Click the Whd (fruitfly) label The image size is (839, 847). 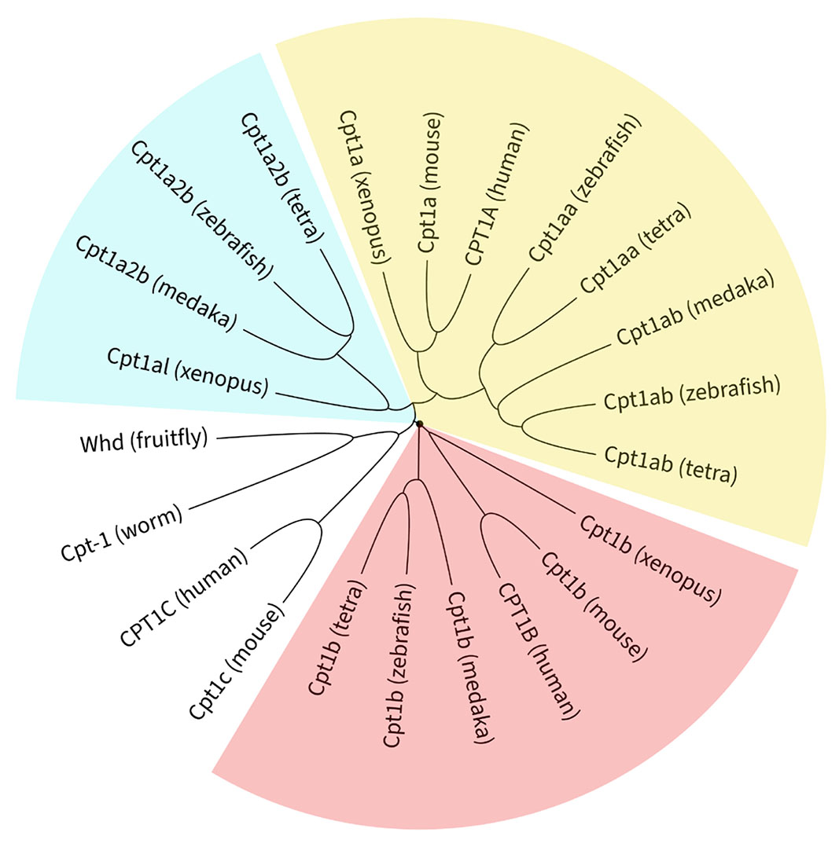[144, 440]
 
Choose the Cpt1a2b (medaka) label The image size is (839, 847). [156, 282]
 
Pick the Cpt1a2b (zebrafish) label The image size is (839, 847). [202, 210]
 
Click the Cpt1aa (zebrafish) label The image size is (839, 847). [586, 188]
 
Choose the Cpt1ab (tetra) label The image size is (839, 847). [671, 464]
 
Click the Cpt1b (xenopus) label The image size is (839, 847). [649, 559]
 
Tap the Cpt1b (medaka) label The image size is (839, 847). [471, 665]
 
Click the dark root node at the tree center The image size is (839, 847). [419, 423]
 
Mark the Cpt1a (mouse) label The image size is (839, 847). [431, 182]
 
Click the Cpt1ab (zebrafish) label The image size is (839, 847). [692, 392]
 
